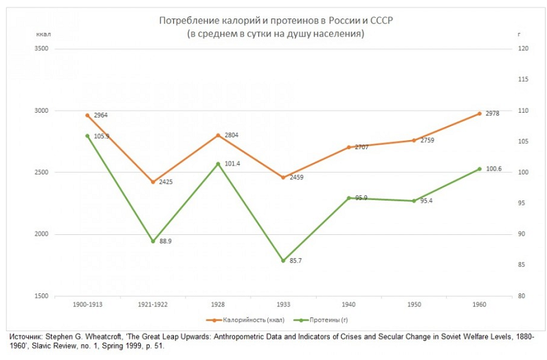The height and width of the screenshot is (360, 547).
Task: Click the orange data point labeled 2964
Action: [x=87, y=115]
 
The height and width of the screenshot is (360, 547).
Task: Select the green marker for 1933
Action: [x=283, y=260]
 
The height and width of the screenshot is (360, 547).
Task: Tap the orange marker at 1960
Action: [x=479, y=113]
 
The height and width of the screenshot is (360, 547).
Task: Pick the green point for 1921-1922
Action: [x=153, y=241]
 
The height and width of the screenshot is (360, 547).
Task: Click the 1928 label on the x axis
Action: [x=218, y=303]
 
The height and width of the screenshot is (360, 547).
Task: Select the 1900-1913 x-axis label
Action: [x=87, y=303]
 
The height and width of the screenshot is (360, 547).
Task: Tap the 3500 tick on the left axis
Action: [x=41, y=49]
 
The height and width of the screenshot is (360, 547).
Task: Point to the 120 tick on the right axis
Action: [x=523, y=49]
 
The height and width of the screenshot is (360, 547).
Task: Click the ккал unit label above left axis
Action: [x=45, y=34]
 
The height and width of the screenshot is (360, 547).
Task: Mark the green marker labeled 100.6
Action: [x=479, y=168]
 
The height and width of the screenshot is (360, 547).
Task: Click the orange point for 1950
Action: [x=414, y=140]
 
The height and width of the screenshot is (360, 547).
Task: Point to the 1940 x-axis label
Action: [x=348, y=303]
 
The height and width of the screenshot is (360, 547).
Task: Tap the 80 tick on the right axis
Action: [x=522, y=296]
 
